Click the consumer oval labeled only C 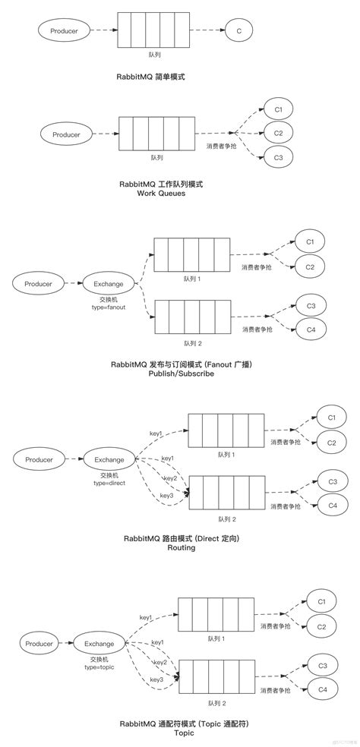[x=238, y=31]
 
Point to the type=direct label [x=109, y=482]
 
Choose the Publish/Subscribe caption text [x=182, y=374]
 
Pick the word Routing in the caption [x=182, y=547]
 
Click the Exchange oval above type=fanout [x=109, y=284]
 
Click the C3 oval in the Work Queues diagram [x=279, y=158]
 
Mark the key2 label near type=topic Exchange [x=159, y=662]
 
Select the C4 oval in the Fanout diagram [x=311, y=329]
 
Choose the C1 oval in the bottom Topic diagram [x=321, y=602]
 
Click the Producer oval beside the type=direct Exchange [x=39, y=460]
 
